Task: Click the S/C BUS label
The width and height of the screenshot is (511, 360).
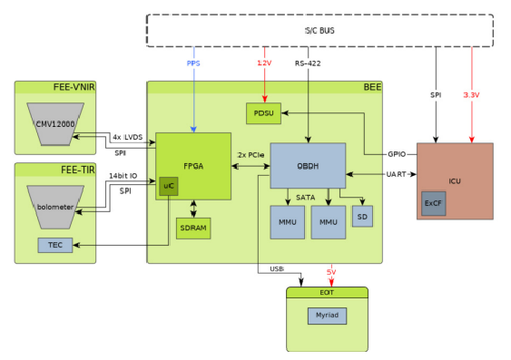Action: click(319, 30)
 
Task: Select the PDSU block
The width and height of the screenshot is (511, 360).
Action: click(264, 113)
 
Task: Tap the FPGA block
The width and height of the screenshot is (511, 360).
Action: click(192, 167)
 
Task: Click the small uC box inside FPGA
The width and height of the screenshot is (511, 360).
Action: click(168, 186)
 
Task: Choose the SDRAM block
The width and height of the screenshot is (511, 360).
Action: click(193, 228)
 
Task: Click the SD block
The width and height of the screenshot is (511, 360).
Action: click(362, 216)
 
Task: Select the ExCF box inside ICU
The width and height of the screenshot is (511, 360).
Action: click(433, 203)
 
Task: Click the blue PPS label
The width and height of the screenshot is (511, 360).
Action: click(193, 64)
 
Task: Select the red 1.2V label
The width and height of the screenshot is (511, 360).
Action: click(264, 64)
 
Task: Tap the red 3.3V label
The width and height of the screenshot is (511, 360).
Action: click(471, 95)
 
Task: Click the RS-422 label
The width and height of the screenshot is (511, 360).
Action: click(310, 64)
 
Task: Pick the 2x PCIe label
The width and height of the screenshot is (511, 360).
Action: click(251, 156)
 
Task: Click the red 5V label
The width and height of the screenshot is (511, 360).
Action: click(331, 272)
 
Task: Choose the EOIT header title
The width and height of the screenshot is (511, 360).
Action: click(327, 292)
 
